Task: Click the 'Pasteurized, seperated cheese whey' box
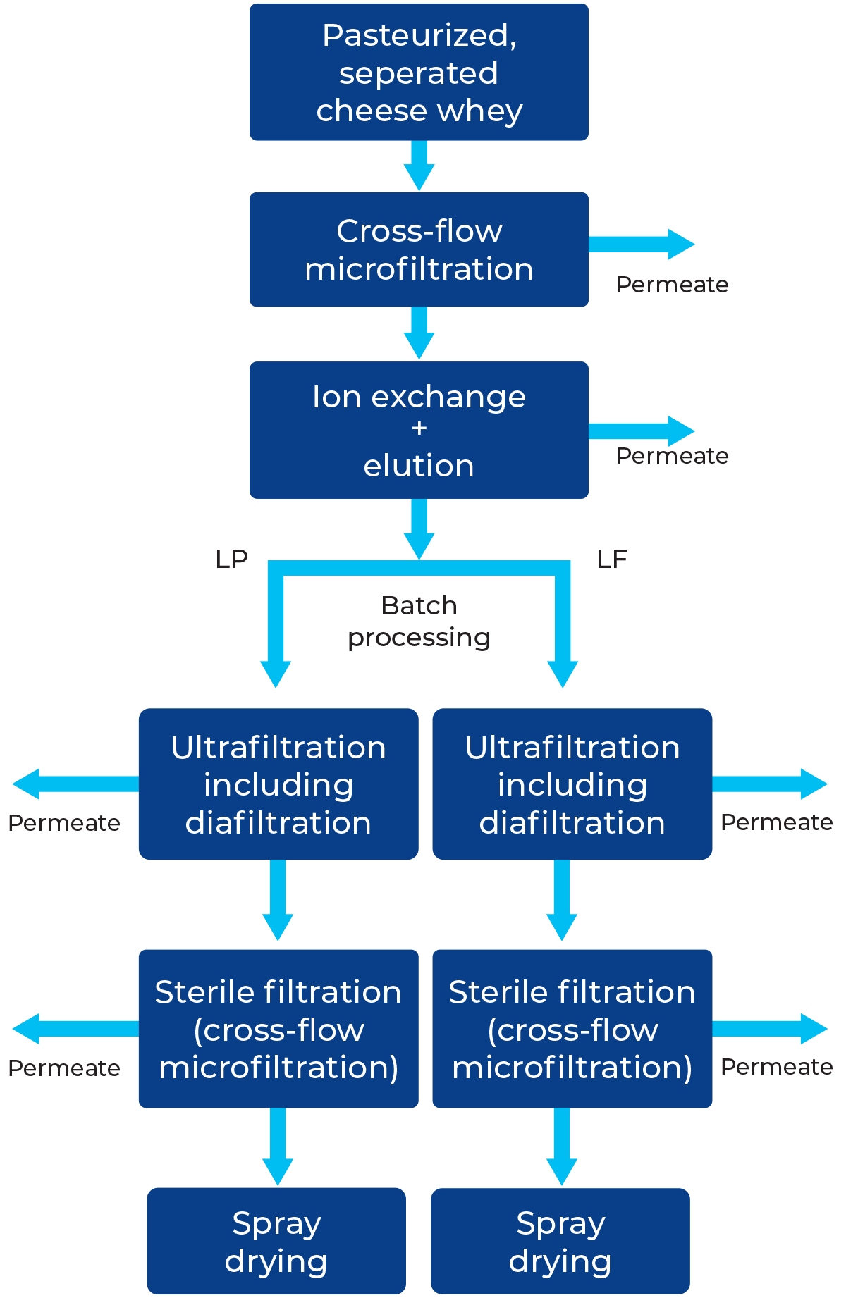[x=419, y=73]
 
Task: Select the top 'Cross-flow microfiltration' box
[x=419, y=249]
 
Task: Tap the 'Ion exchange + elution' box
[x=419, y=431]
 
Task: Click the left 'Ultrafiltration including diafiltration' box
[x=278, y=784]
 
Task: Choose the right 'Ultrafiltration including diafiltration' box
[x=572, y=784]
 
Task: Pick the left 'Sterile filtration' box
[x=278, y=1029]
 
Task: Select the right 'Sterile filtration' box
[x=572, y=1029]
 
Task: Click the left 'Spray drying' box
[x=276, y=1241]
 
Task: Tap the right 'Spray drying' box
[x=560, y=1241]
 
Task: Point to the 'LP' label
[x=232, y=560]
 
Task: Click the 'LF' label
[x=612, y=560]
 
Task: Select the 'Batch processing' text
[x=419, y=622]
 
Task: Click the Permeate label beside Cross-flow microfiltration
[x=672, y=285]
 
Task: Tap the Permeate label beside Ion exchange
[x=672, y=456]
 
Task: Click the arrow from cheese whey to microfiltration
[x=419, y=166]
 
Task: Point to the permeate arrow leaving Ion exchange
[x=642, y=431]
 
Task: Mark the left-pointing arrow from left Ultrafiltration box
[x=75, y=784]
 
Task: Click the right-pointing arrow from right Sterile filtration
[x=770, y=1029]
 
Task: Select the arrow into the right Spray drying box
[x=562, y=1146]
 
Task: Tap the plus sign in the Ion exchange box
[x=419, y=428]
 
